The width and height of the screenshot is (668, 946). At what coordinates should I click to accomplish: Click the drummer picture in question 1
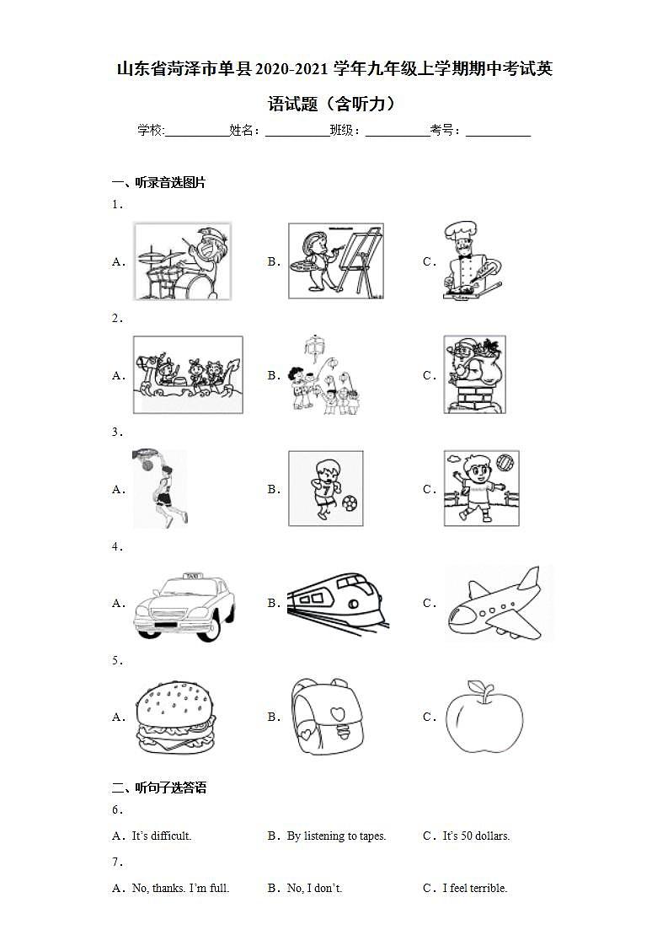click(x=183, y=261)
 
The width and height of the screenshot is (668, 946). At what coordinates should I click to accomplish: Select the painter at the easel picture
click(x=335, y=261)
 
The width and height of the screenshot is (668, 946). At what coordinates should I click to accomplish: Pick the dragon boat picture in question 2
click(x=188, y=374)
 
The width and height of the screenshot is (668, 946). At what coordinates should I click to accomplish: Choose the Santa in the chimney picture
click(x=474, y=374)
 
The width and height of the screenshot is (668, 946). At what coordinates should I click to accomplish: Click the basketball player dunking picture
click(x=160, y=488)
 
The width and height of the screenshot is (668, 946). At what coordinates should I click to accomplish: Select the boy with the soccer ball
click(x=326, y=488)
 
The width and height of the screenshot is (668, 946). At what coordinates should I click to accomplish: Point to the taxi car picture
click(x=184, y=605)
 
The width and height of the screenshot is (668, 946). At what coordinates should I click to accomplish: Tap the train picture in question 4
click(x=338, y=604)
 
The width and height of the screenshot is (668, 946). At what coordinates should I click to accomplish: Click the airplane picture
click(x=497, y=605)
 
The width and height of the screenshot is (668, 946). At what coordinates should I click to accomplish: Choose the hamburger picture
click(x=175, y=718)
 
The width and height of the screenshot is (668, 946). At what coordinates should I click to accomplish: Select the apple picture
click(x=484, y=718)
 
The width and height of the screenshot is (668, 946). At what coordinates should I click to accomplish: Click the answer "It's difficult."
click(x=162, y=836)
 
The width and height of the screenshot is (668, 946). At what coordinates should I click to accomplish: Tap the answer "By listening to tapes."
click(x=336, y=836)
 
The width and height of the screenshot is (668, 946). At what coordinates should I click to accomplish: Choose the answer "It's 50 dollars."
click(x=476, y=836)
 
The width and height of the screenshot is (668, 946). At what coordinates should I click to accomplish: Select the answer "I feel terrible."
click(x=475, y=888)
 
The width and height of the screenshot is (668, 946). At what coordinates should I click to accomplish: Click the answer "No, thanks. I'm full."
click(x=180, y=888)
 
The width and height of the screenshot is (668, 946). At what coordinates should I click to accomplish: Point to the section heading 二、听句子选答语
click(x=159, y=788)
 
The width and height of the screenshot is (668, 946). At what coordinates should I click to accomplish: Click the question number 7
click(x=117, y=863)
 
